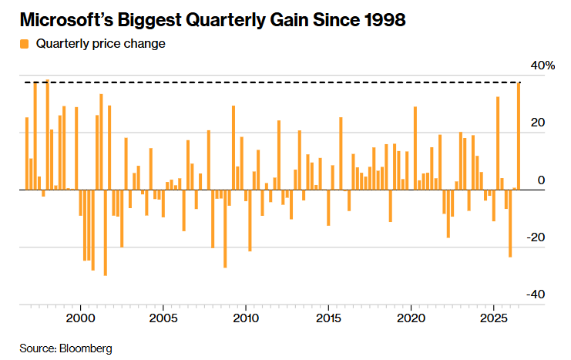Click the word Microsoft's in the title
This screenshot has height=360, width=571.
click(x=66, y=20)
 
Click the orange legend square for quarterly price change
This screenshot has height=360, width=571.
click(x=24, y=44)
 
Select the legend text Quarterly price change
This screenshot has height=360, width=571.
click(x=100, y=44)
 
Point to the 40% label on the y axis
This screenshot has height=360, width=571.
click(x=542, y=66)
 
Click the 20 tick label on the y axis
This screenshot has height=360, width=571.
click(x=538, y=123)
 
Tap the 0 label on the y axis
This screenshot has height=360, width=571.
click(x=541, y=180)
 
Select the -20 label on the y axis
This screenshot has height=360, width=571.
click(x=536, y=237)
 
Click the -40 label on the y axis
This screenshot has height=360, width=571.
click(x=536, y=294)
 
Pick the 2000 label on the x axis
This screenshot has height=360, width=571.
click(x=80, y=318)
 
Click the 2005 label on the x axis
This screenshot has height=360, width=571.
click(x=163, y=318)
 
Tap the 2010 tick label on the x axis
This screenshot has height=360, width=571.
click(x=246, y=318)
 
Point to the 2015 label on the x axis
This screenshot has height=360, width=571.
click(x=328, y=318)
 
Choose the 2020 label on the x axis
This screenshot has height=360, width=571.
click(x=411, y=318)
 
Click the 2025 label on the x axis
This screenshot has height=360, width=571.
click(x=494, y=318)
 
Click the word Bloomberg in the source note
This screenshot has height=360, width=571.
click(x=86, y=348)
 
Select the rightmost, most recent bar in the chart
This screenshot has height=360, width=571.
click(x=519, y=136)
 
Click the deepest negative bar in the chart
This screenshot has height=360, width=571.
click(x=106, y=233)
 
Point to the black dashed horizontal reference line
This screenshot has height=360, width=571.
click(x=273, y=82)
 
